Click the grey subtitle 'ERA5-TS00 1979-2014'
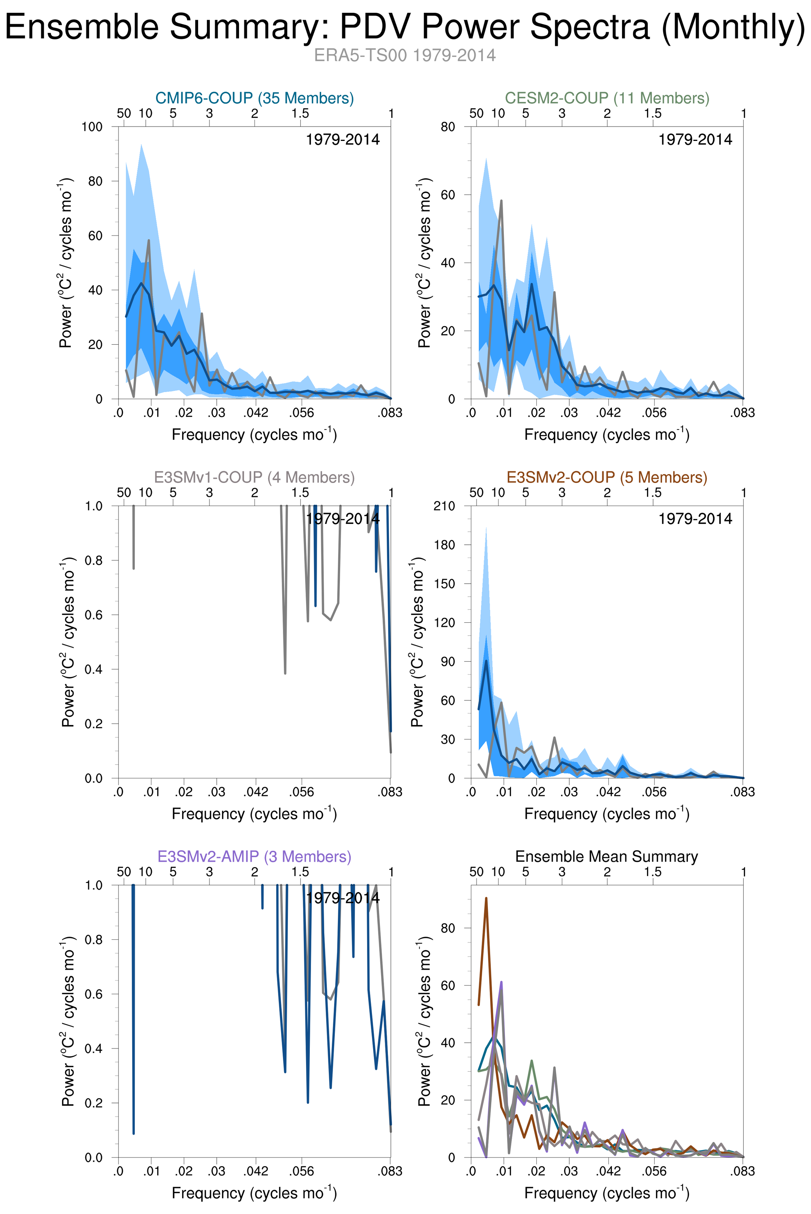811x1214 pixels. pyautogui.click(x=405, y=55)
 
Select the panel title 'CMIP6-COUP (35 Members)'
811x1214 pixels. pyautogui.click(x=255, y=98)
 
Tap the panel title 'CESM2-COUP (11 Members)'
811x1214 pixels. pyautogui.click(x=607, y=98)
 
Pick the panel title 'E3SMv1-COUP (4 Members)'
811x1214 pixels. pyautogui.click(x=255, y=477)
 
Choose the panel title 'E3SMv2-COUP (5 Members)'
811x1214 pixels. pyautogui.click(x=607, y=477)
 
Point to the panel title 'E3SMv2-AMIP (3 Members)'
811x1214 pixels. pyautogui.click(x=255, y=856)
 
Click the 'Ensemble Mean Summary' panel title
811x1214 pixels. pyautogui.click(x=607, y=856)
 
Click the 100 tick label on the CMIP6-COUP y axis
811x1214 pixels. pyautogui.click(x=92, y=127)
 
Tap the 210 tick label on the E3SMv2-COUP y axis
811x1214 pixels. pyautogui.click(x=444, y=506)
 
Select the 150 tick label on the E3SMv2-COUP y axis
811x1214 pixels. pyautogui.click(x=444, y=583)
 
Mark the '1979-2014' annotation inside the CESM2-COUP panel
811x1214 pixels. pyautogui.click(x=695, y=140)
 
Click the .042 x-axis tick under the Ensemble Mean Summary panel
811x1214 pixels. pyautogui.click(x=608, y=1171)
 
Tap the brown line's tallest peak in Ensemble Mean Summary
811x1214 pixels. pyautogui.click(x=486, y=898)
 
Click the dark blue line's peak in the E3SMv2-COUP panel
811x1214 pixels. pyautogui.click(x=486, y=661)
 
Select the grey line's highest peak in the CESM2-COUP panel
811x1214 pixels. pyautogui.click(x=501, y=201)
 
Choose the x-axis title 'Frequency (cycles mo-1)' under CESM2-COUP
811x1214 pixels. pyautogui.click(x=607, y=434)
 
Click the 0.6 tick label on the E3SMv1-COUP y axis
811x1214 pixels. pyautogui.click(x=95, y=615)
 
